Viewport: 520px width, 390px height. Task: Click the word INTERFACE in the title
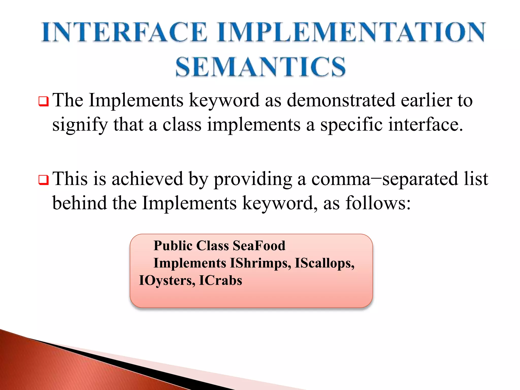coord(124,32)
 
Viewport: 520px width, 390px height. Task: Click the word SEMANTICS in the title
coord(261,67)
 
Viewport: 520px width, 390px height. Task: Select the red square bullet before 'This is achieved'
coord(43,180)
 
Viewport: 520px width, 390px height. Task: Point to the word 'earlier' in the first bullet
coord(427,100)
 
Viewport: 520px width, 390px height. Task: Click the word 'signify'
coord(80,125)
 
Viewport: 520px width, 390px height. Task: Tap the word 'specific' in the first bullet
coord(351,125)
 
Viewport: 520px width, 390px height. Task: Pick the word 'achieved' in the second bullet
coord(147,179)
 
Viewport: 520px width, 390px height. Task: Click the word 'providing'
coord(253,179)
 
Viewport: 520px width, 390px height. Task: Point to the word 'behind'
coord(79,203)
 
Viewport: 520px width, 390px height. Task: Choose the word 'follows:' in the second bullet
coord(378,203)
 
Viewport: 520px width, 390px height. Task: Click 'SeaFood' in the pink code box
coord(259,246)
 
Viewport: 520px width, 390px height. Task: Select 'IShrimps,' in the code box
coord(260,263)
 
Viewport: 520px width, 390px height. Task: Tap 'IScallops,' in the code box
coord(324,263)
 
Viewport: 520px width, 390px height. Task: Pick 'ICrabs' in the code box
coord(220,280)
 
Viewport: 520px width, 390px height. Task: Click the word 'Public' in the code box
coord(173,246)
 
